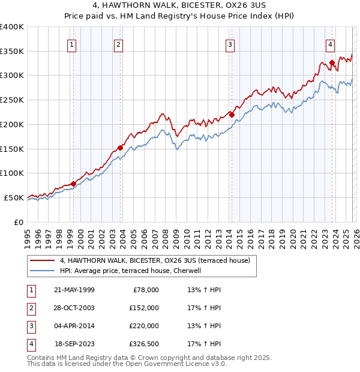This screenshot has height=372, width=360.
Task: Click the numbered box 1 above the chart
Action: (x=72, y=44)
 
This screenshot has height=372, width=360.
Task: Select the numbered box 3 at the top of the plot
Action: (x=230, y=44)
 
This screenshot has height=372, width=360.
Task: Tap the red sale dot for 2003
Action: (x=120, y=148)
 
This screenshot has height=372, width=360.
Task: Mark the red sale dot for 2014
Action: (x=231, y=114)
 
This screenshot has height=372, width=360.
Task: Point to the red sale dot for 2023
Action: (x=332, y=62)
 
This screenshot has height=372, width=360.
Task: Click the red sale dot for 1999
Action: (x=73, y=184)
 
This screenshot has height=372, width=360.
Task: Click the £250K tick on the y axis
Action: (x=12, y=100)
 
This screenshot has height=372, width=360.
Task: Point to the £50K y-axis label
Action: (x=14, y=197)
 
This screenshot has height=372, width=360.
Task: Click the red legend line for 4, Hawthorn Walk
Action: (x=43, y=260)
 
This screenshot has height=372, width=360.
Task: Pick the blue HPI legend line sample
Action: (x=43, y=271)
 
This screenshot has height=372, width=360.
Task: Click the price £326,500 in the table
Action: (x=144, y=344)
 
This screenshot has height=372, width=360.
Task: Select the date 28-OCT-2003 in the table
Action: (x=74, y=308)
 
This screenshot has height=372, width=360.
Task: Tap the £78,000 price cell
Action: (x=146, y=290)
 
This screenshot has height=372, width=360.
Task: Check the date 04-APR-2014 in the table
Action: (x=74, y=326)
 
